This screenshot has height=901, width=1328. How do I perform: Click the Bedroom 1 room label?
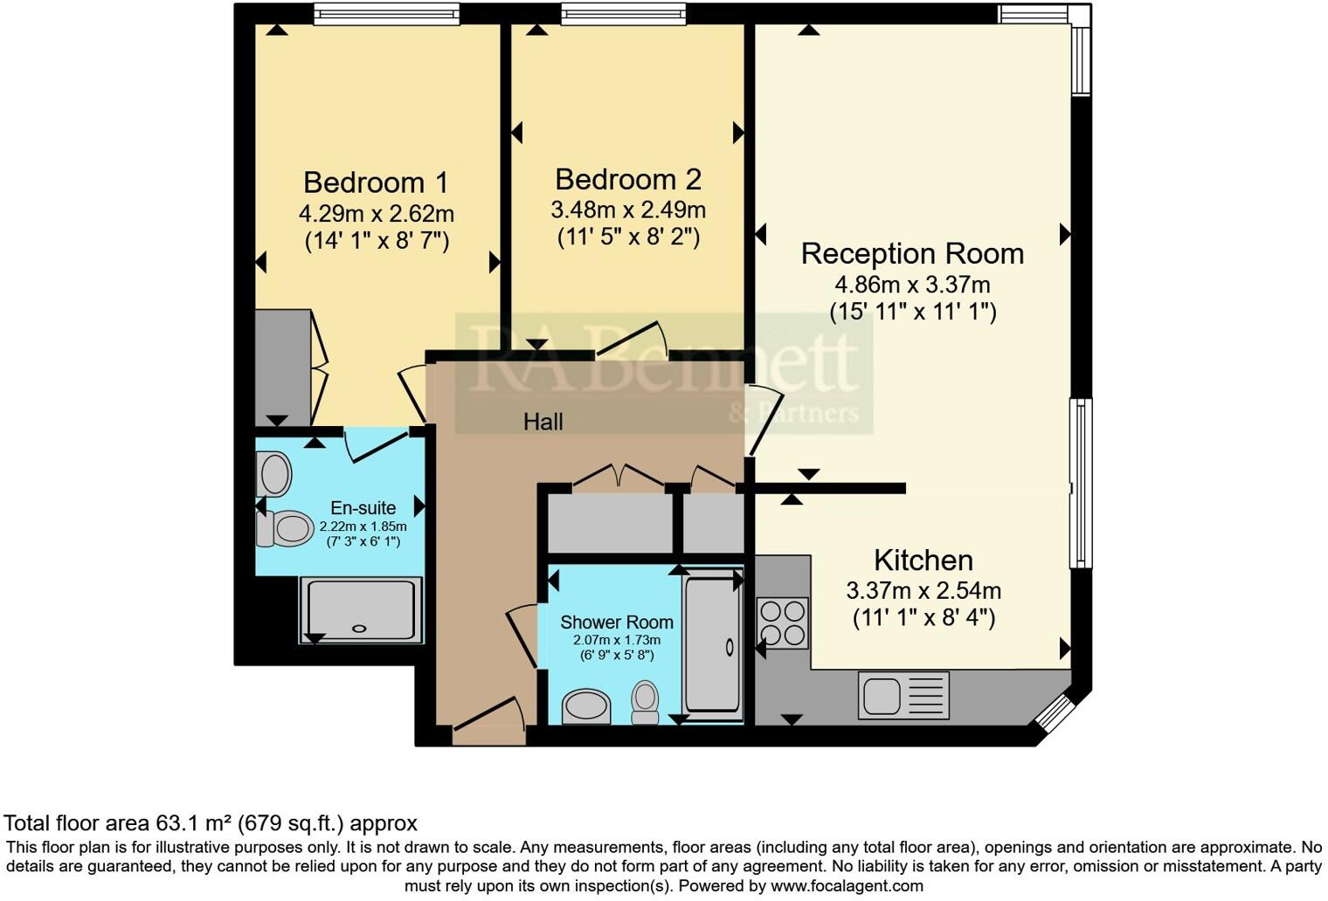pyautogui.click(x=376, y=182)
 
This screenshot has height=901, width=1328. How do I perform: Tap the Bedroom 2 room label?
pyautogui.click(x=627, y=180)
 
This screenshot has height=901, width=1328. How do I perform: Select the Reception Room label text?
pyautogui.click(x=912, y=254)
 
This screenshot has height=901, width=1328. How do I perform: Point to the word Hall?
pyautogui.click(x=543, y=423)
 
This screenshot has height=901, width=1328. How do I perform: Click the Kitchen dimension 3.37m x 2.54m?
pyautogui.click(x=923, y=591)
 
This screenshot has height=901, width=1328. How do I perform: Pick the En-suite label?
pyautogui.click(x=363, y=508)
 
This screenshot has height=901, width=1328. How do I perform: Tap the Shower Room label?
pyautogui.click(x=616, y=622)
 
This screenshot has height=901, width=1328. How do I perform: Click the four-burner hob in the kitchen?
pyautogui.click(x=783, y=623)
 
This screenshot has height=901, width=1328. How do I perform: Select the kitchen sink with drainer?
pyautogui.click(x=903, y=695)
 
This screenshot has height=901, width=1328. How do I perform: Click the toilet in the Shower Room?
pyautogui.click(x=645, y=702)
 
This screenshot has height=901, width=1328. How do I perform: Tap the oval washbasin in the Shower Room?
pyautogui.click(x=586, y=707)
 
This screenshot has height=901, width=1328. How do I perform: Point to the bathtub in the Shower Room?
pyautogui.click(x=713, y=645)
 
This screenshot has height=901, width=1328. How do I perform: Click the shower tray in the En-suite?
pyautogui.click(x=361, y=609)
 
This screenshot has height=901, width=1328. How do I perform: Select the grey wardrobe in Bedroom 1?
pyautogui.click(x=282, y=367)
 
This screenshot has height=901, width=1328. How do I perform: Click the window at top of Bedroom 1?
pyautogui.click(x=386, y=14)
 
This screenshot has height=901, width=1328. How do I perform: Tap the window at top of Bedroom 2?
pyautogui.click(x=624, y=14)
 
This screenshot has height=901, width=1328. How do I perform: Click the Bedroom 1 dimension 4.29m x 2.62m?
pyautogui.click(x=376, y=213)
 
